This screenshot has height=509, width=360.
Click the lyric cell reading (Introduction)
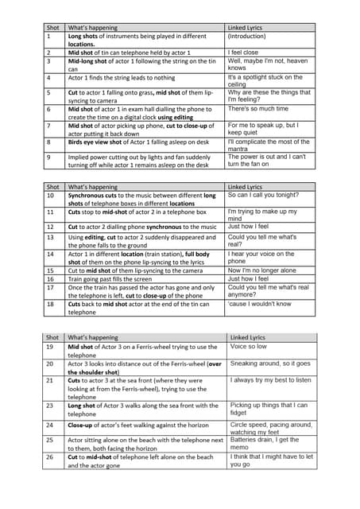click(x=247, y=36)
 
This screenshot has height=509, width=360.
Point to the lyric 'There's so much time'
click(x=257, y=108)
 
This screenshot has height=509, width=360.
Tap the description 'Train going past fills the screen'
click(x=118, y=279)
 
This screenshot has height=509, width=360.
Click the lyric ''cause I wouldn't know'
click(x=258, y=304)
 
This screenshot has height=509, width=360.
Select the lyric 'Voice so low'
click(x=250, y=347)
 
